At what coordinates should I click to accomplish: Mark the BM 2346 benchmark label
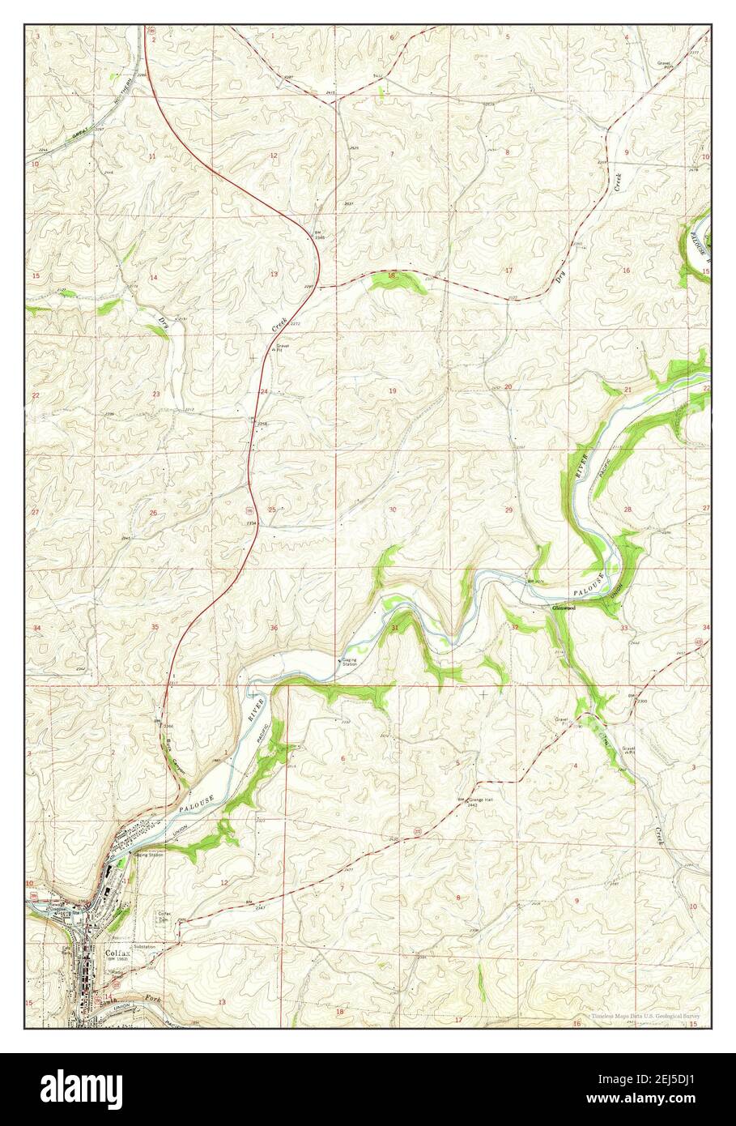click(x=320, y=234)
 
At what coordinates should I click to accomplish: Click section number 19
click(x=393, y=391)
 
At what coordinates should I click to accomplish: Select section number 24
click(x=264, y=391)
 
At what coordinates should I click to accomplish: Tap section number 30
click(x=393, y=510)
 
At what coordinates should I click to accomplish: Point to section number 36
click(x=274, y=628)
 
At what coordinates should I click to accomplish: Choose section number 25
click(x=273, y=510)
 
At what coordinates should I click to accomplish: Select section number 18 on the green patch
click(x=392, y=276)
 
